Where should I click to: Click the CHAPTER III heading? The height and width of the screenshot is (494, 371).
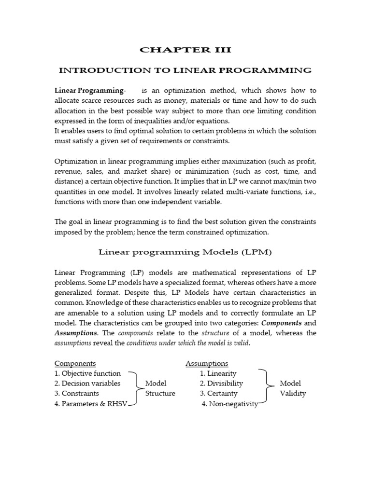(185, 50)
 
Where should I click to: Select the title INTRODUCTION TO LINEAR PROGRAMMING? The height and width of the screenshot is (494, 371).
(185, 70)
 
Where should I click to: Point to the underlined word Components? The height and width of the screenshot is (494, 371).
(75, 363)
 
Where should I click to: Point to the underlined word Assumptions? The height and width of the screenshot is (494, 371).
(207, 363)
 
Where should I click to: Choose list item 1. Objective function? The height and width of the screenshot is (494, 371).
(87, 373)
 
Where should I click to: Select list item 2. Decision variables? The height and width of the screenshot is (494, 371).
(87, 384)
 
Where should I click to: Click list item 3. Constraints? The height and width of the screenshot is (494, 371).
(77, 394)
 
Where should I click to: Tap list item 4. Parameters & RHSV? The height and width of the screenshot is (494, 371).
(91, 404)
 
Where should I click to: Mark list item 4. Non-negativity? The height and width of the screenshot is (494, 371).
(229, 404)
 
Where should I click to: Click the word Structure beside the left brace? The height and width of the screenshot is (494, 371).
(160, 394)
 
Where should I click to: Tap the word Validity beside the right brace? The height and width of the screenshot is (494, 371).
(293, 394)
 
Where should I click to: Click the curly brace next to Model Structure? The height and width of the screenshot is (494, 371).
(135, 388)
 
